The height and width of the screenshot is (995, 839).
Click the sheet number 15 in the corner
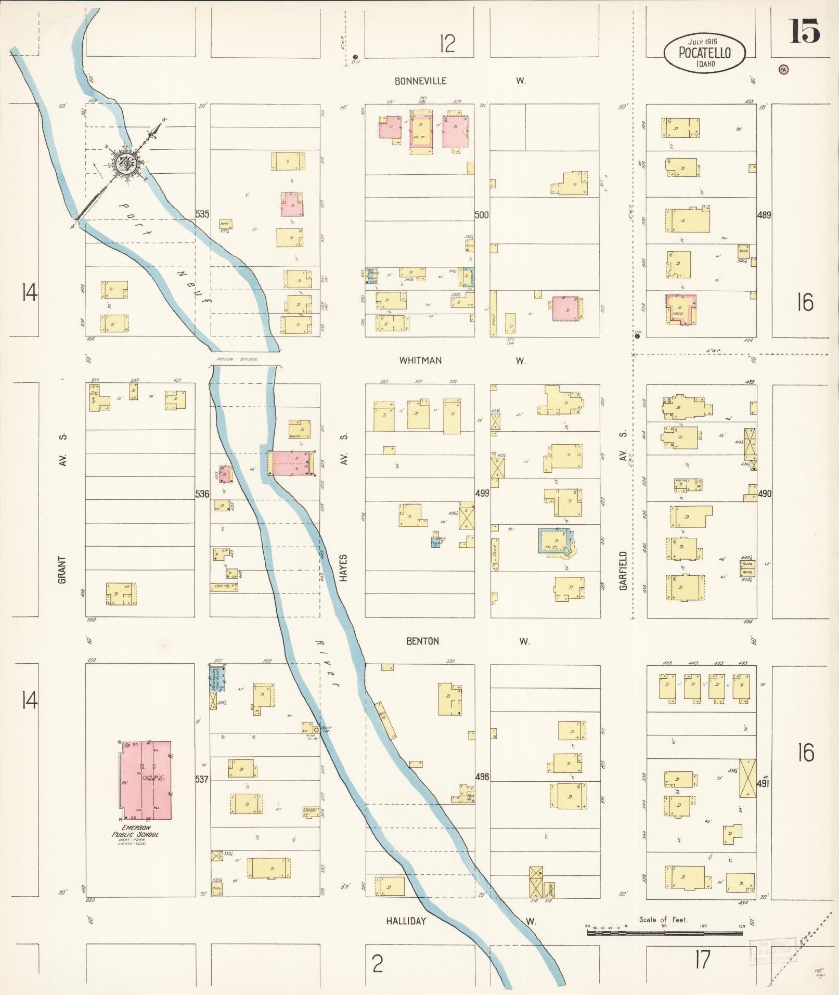click(805, 31)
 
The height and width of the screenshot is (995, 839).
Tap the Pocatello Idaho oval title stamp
click(704, 53)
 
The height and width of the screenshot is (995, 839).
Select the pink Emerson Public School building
click(145, 780)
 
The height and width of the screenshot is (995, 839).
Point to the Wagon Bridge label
click(237, 359)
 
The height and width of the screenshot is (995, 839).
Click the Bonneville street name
click(420, 81)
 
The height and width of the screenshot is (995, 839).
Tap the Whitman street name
click(420, 360)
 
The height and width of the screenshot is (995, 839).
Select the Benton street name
click(422, 641)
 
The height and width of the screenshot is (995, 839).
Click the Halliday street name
click(406, 921)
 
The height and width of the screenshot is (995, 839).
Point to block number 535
click(202, 214)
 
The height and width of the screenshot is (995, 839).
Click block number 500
click(482, 214)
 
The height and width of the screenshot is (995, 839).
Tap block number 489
click(764, 215)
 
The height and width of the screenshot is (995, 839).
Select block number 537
click(202, 779)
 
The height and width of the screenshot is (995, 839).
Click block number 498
click(482, 777)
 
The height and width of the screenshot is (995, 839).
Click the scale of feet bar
click(665, 933)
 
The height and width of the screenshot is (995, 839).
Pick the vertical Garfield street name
click(623, 571)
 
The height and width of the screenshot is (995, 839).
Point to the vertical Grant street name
click(62, 570)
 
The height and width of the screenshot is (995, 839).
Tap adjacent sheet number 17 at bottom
click(702, 960)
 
